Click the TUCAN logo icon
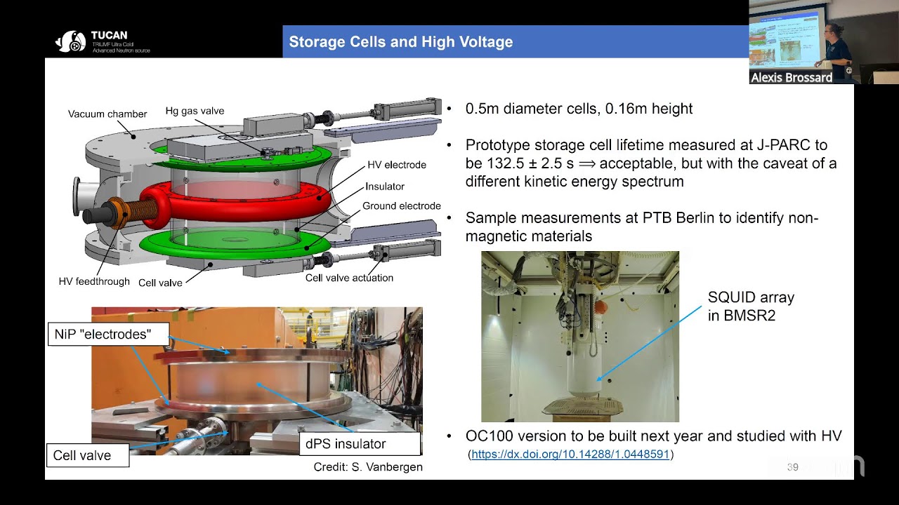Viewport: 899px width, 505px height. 70,42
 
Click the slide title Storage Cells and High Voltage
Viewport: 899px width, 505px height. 400,42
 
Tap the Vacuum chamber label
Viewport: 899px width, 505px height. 107,114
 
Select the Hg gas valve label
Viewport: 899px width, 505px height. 195,111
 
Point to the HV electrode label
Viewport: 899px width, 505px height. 396,165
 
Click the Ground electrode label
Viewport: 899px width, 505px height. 401,206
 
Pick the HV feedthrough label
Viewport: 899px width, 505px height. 94,281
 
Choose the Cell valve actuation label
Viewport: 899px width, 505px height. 349,278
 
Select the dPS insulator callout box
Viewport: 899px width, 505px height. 345,443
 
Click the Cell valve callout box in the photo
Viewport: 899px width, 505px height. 82,455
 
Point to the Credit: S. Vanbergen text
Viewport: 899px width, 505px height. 368,467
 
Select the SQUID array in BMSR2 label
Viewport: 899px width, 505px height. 750,307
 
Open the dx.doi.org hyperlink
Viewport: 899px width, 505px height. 570,454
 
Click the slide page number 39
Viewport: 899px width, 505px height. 793,467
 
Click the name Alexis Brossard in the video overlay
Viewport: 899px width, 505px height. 792,78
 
